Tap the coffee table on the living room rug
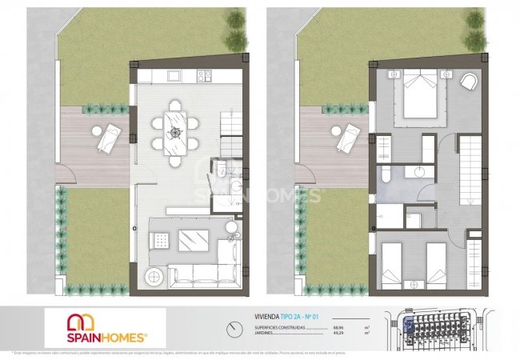194,238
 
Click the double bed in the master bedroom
419,92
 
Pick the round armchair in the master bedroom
470,81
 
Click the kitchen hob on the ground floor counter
205,76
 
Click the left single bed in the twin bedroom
390,264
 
